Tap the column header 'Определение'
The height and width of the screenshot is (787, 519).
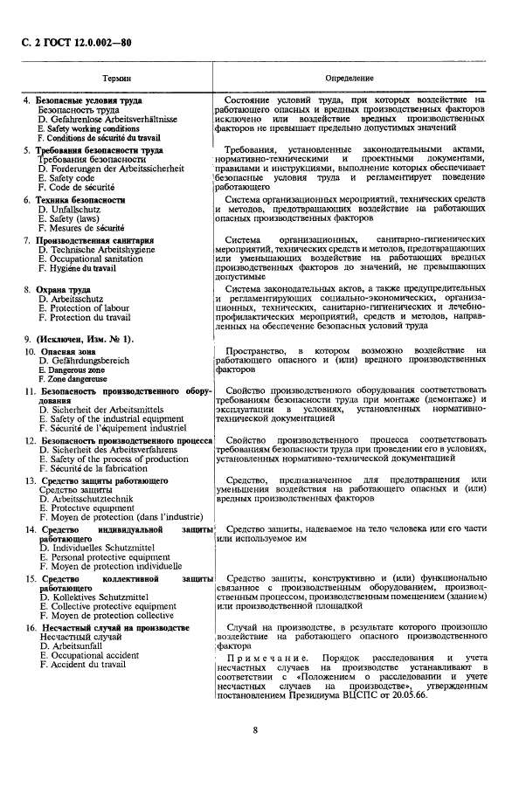349,79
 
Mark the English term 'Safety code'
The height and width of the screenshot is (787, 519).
66,177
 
